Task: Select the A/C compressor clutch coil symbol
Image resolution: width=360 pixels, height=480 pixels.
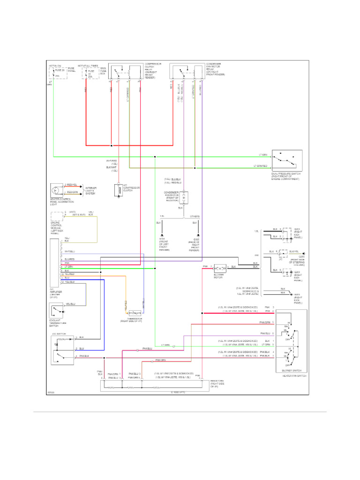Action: click(x=118, y=190)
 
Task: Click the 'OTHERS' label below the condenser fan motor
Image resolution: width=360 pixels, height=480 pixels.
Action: click(x=195, y=217)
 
